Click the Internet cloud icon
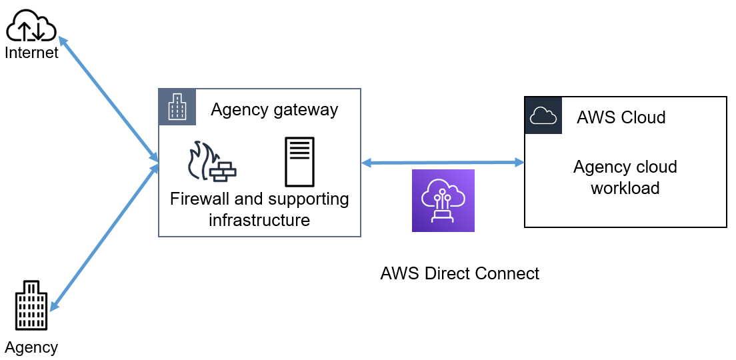30,27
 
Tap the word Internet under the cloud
31,52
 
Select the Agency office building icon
31,305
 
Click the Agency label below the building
31,347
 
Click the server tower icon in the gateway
299,162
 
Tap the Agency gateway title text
274,110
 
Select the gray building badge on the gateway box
177,107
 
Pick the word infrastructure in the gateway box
259,220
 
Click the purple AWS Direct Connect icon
443,201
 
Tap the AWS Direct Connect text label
459,273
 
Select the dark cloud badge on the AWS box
543,115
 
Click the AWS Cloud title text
621,118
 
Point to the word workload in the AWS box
625,188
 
